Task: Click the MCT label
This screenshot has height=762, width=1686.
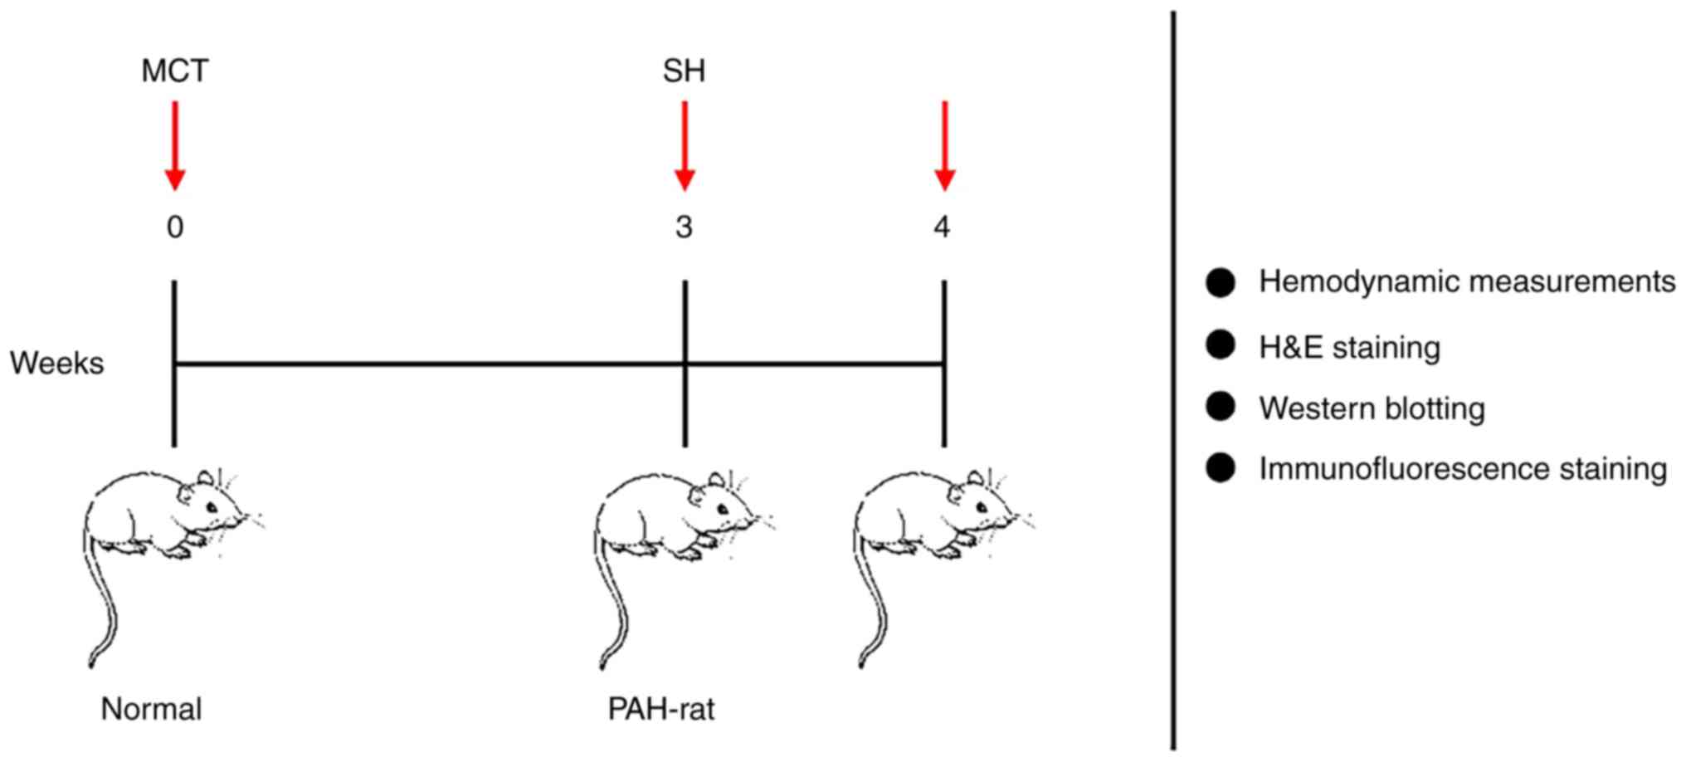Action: tap(174, 71)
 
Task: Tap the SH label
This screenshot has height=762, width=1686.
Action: tap(684, 71)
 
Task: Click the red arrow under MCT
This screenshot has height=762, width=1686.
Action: tap(174, 145)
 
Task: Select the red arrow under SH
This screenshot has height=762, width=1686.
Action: tap(685, 145)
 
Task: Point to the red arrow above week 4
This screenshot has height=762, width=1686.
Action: tap(944, 145)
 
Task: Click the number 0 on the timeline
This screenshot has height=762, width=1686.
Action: tap(174, 227)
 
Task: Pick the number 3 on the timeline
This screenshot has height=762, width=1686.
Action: tap(684, 227)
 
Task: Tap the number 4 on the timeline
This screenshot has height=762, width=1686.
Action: tap(942, 227)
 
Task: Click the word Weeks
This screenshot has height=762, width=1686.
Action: tap(57, 364)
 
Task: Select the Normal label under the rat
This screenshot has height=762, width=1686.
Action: tap(151, 710)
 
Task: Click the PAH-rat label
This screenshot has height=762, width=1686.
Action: tap(661, 710)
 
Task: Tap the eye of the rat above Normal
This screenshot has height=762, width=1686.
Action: tap(212, 507)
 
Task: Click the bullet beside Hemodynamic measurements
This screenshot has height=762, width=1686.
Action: tap(1221, 282)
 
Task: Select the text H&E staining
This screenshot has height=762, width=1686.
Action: tap(1349, 347)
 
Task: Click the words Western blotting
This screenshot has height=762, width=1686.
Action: tap(1372, 408)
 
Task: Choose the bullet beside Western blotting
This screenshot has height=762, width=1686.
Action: tap(1221, 407)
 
